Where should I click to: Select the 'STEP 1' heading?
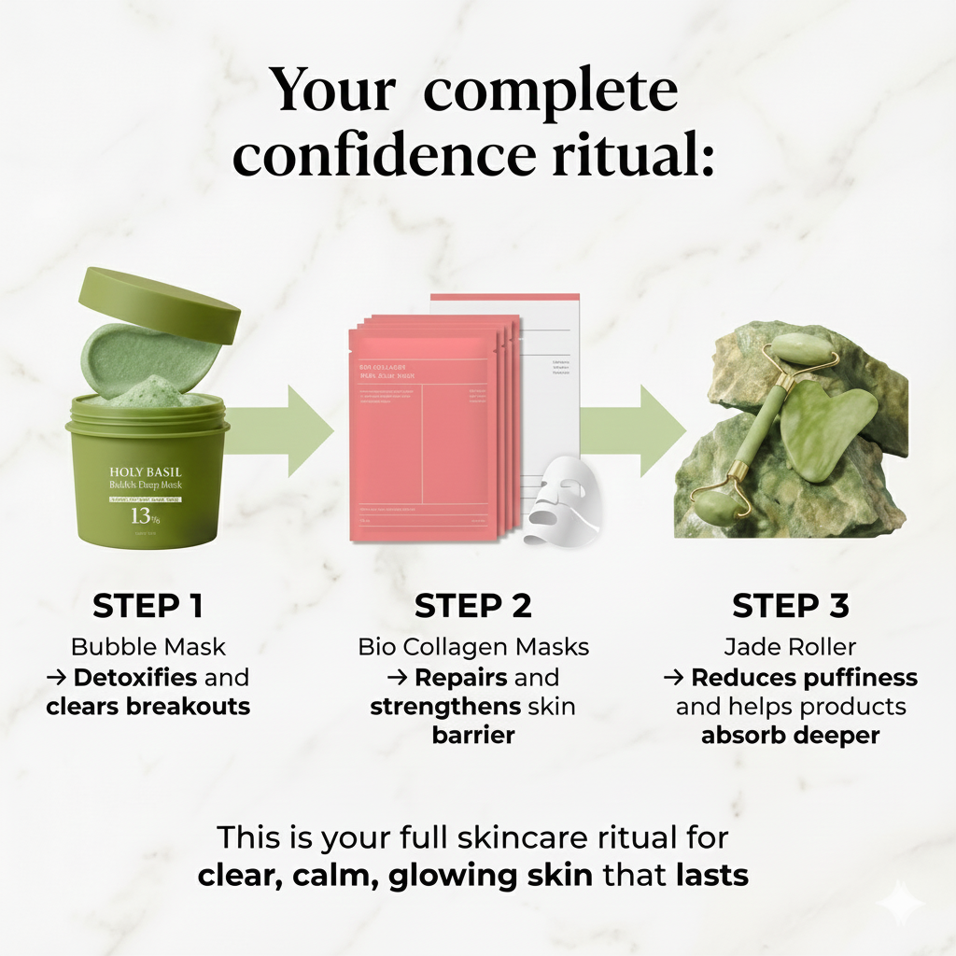click(x=148, y=606)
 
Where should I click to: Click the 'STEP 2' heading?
click(x=473, y=606)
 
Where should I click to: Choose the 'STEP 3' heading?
click(x=790, y=606)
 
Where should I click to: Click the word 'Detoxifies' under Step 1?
click(x=134, y=677)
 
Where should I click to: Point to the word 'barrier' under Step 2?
click(x=473, y=735)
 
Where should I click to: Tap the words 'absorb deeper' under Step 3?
click(x=790, y=735)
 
